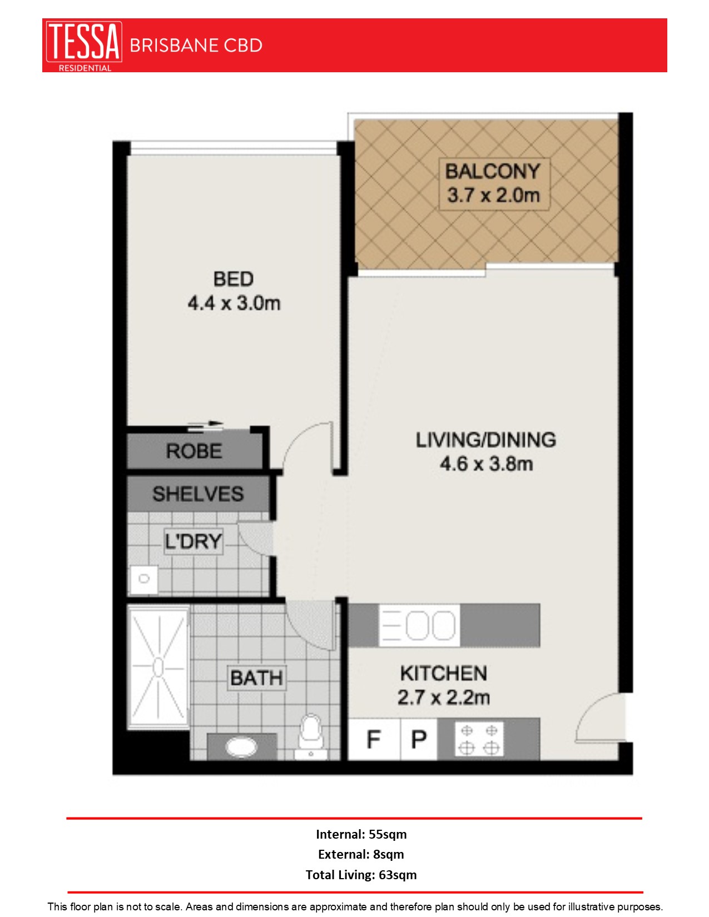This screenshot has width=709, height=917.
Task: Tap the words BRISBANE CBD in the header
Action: tap(196, 46)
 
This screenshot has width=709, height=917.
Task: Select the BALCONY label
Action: tap(493, 171)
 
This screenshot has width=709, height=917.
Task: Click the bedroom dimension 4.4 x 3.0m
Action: tap(234, 303)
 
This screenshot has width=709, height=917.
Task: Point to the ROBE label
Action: tap(194, 451)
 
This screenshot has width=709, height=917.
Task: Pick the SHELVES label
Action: tap(198, 494)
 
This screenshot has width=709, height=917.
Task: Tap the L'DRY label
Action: tap(194, 541)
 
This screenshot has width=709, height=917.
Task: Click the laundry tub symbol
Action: tap(144, 579)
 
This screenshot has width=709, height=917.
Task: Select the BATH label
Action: tap(256, 678)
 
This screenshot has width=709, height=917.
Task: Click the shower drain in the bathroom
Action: tap(158, 667)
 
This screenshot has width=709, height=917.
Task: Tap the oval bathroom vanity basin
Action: tap(241, 747)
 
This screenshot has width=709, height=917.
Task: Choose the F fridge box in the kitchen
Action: tap(374, 740)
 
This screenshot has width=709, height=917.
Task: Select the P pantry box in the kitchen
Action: tap(419, 740)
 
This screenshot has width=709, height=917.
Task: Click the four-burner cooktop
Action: tap(479, 740)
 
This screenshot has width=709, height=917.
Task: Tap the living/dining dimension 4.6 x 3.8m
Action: tap(487, 464)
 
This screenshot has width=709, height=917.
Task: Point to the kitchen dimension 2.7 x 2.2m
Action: tap(444, 697)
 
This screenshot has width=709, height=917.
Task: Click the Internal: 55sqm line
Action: tap(361, 834)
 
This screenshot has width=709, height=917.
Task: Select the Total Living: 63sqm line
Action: tap(361, 875)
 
